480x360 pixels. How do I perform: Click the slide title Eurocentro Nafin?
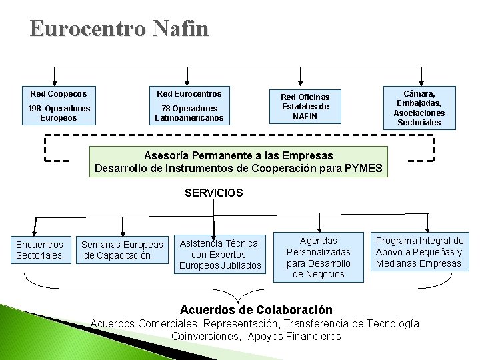click(x=119, y=29)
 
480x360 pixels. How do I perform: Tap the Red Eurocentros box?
click(x=189, y=105)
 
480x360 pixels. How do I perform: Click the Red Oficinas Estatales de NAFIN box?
click(x=305, y=107)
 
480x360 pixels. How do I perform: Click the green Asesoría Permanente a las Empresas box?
click(x=239, y=161)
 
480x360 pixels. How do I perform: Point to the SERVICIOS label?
click(x=214, y=193)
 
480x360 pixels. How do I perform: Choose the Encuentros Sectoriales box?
click(x=40, y=250)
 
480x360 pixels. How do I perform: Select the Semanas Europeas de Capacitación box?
click(x=122, y=250)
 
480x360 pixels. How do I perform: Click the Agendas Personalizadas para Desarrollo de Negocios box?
click(x=319, y=257)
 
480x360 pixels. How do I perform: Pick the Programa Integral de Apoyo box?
click(x=419, y=252)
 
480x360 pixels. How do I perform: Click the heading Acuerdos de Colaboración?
click(x=257, y=310)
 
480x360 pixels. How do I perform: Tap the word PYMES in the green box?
click(x=364, y=168)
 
